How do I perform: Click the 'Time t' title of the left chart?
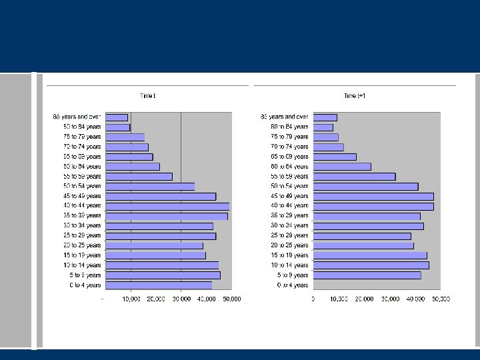pyautogui.click(x=147, y=96)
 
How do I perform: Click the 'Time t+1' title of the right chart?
pyautogui.click(x=355, y=96)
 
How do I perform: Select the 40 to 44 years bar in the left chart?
pyautogui.click(x=167, y=206)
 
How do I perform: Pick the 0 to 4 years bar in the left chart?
pyautogui.click(x=159, y=285)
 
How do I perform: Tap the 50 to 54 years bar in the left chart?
pyautogui.click(x=150, y=187)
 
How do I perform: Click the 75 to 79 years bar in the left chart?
pyautogui.click(x=125, y=137)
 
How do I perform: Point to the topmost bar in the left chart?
pyautogui.click(x=117, y=117)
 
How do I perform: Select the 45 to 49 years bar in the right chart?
pyautogui.click(x=373, y=197)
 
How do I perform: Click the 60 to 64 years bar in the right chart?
pyautogui.click(x=342, y=167)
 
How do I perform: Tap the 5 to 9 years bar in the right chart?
pyautogui.click(x=367, y=275)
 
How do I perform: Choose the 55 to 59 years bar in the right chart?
pyautogui.click(x=354, y=177)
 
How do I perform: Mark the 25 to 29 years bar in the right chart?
pyautogui.click(x=362, y=236)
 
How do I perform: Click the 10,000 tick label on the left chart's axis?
pyautogui.click(x=131, y=299)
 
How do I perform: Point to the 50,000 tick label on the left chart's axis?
pyautogui.click(x=231, y=299)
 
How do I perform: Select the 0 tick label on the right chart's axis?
pyautogui.click(x=313, y=299)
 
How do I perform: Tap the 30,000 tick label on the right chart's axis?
pyautogui.click(x=389, y=299)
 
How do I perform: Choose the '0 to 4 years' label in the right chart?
pyautogui.click(x=293, y=285)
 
